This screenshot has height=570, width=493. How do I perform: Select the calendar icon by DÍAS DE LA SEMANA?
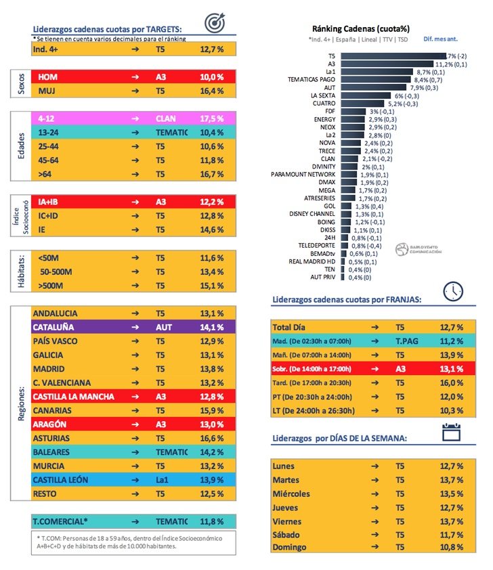click(451, 432)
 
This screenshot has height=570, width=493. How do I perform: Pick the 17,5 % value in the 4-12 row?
click(212, 116)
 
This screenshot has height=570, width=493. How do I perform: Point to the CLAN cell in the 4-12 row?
click(166, 116)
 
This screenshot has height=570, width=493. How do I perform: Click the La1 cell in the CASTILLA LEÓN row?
click(163, 480)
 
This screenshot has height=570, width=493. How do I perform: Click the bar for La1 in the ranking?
click(377, 72)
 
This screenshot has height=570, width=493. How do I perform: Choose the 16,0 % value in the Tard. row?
click(450, 382)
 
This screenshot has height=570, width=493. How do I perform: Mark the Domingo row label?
click(289, 547)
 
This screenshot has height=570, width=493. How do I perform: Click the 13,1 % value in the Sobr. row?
click(450, 369)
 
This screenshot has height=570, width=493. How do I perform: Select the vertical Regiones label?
click(22, 404)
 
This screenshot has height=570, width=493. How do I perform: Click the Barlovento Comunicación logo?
click(419, 248)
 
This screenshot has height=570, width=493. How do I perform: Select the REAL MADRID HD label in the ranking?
click(314, 261)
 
